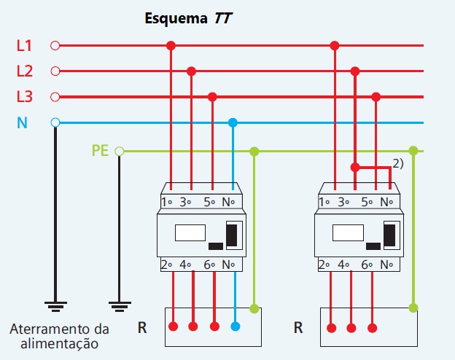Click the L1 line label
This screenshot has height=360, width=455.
tap(25, 46)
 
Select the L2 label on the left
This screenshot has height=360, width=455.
tap(25, 71)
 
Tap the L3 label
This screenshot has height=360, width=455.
tap(25, 96)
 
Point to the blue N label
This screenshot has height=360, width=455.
tap(23, 122)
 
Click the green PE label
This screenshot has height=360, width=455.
tap(101, 151)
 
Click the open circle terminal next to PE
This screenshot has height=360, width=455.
tap(120, 152)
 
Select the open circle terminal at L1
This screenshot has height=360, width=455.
tap(55, 46)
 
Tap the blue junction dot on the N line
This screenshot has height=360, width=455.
tap(233, 122)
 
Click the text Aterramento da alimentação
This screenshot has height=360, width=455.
tap(59, 336)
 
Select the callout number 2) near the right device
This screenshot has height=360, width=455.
tap(398, 164)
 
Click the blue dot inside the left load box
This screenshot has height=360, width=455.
tap(234, 326)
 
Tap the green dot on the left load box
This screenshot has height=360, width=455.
tap(254, 308)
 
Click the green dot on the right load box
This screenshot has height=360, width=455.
tap(413, 308)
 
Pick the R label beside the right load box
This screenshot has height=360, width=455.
tap(298, 328)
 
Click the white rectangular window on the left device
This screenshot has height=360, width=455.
tap(190, 233)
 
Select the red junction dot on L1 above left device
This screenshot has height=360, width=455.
tap(171, 46)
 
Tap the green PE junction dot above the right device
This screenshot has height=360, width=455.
tap(413, 151)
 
